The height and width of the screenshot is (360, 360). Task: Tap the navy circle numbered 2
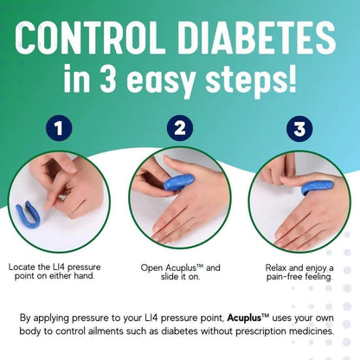[x=179, y=129]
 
